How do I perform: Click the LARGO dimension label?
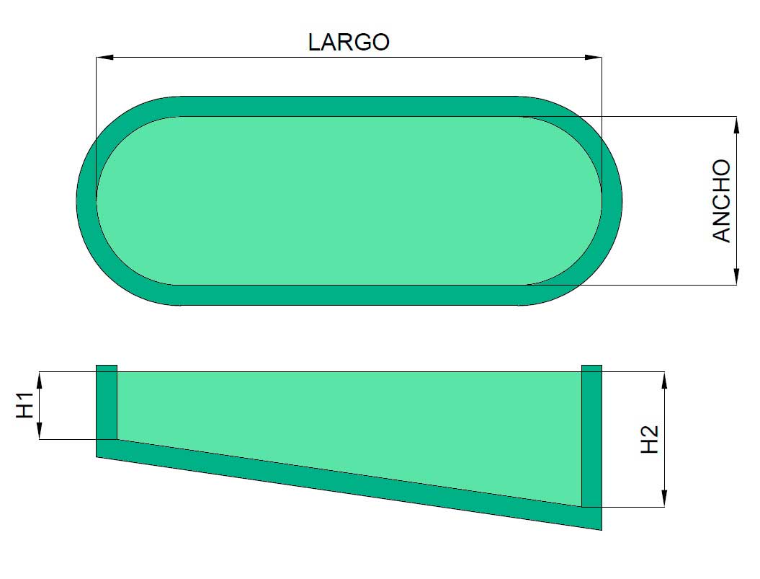tap(349, 42)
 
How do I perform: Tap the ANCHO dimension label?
tap(722, 201)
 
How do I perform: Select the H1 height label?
tap(26, 405)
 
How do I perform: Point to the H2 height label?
tap(651, 439)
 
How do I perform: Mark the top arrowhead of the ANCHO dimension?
tap(736, 124)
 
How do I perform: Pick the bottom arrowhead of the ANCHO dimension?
tap(736, 277)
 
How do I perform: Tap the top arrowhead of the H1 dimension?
tap(40, 379)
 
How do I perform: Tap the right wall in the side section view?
tap(591, 436)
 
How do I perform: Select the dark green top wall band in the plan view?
tap(349, 106)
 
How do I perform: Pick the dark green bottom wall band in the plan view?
tap(349, 295)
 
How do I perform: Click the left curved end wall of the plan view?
tap(86, 200)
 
